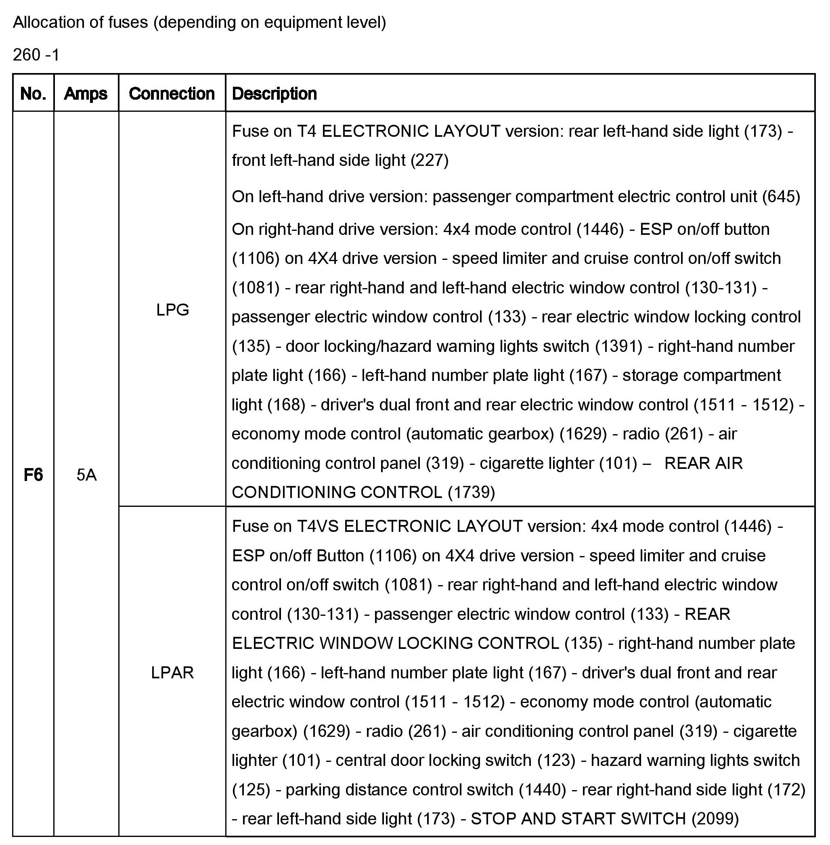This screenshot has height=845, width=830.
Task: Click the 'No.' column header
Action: (33, 93)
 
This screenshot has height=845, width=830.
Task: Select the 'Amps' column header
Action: (86, 93)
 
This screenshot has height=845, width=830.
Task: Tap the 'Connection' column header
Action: (172, 93)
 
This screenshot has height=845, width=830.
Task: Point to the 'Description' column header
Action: (274, 93)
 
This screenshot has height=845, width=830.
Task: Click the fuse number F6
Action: (33, 475)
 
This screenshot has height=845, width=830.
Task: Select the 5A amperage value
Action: (86, 475)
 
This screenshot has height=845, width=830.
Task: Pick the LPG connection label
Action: (173, 310)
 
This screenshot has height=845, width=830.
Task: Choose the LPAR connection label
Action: (172, 672)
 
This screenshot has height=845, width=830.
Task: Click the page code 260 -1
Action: (36, 55)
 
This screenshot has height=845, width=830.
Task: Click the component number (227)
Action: (430, 160)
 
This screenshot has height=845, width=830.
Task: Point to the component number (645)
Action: (781, 197)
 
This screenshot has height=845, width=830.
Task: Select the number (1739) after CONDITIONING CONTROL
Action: (472, 492)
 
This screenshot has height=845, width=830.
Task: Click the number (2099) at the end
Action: (715, 818)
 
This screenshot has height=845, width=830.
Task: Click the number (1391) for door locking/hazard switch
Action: (618, 346)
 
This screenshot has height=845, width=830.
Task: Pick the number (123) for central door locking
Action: (557, 760)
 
